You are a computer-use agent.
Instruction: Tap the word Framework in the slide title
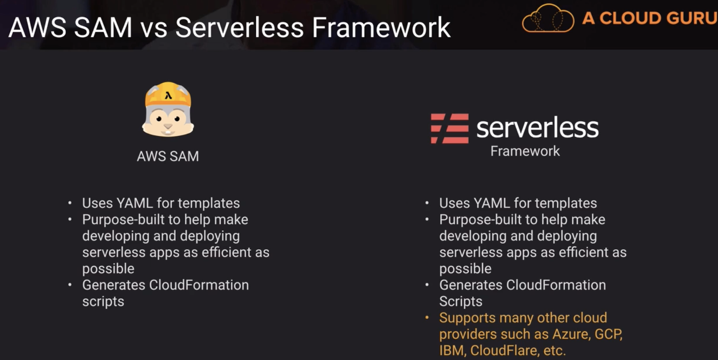click(x=381, y=28)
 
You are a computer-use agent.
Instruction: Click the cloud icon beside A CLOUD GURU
click(x=548, y=18)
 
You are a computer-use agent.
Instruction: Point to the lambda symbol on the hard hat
click(x=168, y=96)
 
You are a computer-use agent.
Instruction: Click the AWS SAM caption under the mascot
click(x=168, y=156)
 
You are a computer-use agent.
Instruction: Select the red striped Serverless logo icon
click(x=450, y=128)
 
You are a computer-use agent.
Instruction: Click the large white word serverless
click(x=537, y=128)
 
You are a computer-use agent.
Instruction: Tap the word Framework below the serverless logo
click(x=525, y=151)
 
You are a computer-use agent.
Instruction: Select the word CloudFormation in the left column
click(x=199, y=285)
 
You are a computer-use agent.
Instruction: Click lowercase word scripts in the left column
click(x=103, y=301)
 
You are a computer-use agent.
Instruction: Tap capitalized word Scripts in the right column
click(x=461, y=301)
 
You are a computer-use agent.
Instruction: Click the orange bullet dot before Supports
click(x=427, y=317)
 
